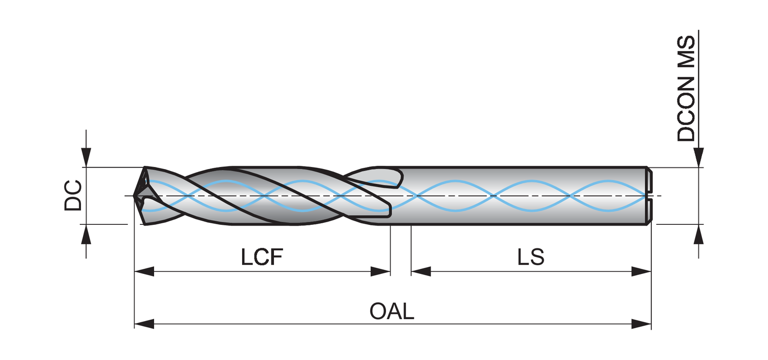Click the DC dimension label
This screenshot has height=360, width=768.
click(73, 195)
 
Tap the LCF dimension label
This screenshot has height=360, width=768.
click(262, 258)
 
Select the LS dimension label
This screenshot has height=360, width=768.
click(530, 258)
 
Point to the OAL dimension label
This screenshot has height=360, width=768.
click(392, 312)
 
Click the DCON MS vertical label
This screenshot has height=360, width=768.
click(686, 88)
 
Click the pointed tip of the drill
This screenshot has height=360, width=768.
click(135, 196)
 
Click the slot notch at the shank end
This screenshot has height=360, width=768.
click(649, 196)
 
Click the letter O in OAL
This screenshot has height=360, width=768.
click(377, 312)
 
